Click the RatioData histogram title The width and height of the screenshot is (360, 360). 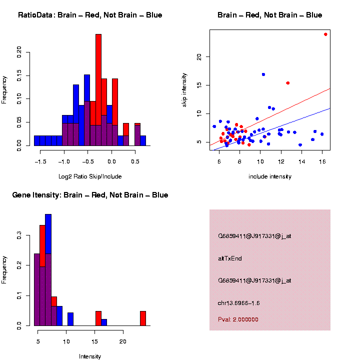pos(90,15)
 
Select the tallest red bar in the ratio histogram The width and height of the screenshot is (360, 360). pos(98,75)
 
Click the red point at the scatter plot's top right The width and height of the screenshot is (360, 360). pos(325,34)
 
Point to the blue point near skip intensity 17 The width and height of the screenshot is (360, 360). pos(263,74)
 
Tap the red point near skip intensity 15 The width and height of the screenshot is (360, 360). pos(287,83)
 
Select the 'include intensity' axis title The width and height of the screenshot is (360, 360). pos(270,176)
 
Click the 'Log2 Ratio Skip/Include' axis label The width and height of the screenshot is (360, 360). pos(90,176)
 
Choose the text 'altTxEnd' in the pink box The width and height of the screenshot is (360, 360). pos(230,258)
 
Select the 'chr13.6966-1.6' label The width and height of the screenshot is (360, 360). pos(239,303)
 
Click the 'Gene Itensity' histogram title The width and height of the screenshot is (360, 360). pos(90,195)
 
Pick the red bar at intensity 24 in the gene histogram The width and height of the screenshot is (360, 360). pos(143,318)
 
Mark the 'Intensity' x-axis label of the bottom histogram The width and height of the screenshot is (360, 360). pos(90,356)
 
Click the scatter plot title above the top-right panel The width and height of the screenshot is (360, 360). pos(270,15)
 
